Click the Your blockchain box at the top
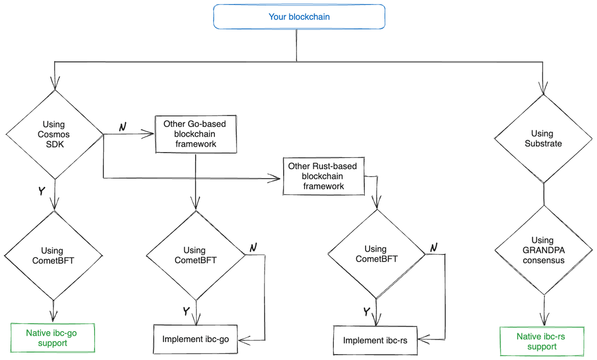point(299,17)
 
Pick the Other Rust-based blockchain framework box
point(323,177)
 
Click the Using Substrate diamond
point(543,138)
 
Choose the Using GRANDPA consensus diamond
point(543,250)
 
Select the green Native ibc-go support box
point(52,338)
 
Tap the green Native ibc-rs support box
point(541,341)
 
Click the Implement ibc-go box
point(196,340)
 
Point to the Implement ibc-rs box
point(375,341)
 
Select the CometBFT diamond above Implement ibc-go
point(195,255)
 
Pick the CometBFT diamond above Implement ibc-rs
point(376,254)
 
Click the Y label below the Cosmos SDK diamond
point(41,191)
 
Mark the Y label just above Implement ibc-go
point(186,311)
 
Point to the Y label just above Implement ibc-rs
point(367,312)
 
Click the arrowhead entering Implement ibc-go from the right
point(244,340)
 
